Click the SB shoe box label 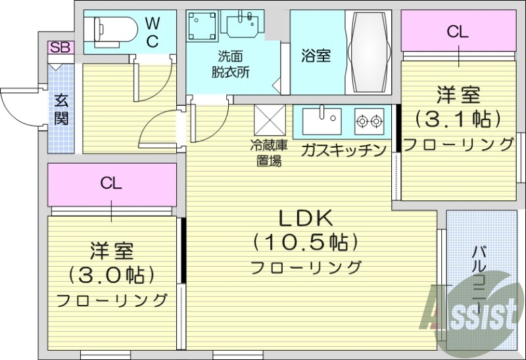pos(61,47)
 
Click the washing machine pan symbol pos(202,28)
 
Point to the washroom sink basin pos(243,26)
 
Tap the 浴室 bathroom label pos(316,56)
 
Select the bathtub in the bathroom pos(368,53)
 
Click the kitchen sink pos(322,120)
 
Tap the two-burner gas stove pos(369,120)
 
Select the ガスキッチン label pos(343,150)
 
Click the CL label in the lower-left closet pos(111,183)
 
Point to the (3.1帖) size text pos(458,119)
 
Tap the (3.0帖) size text pos(111,274)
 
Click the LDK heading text pos(306,217)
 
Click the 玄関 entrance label pos(62,109)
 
